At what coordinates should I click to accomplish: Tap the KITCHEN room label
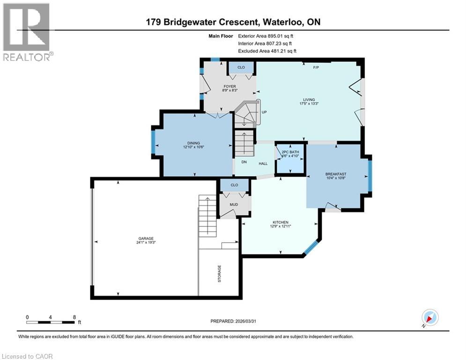(281, 222)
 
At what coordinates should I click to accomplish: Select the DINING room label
(194, 143)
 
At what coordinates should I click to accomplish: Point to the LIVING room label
(309, 99)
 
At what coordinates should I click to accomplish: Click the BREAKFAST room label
(336, 174)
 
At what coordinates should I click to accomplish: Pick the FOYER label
(229, 86)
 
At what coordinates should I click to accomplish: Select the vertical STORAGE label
(219, 274)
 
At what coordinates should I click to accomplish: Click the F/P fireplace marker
(316, 67)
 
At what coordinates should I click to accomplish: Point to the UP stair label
(264, 112)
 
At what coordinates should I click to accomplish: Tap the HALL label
(263, 163)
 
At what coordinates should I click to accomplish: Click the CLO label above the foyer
(241, 67)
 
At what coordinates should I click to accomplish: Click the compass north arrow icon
(429, 317)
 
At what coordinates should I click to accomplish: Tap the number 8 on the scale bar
(74, 317)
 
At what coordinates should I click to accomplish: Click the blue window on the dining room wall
(153, 142)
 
